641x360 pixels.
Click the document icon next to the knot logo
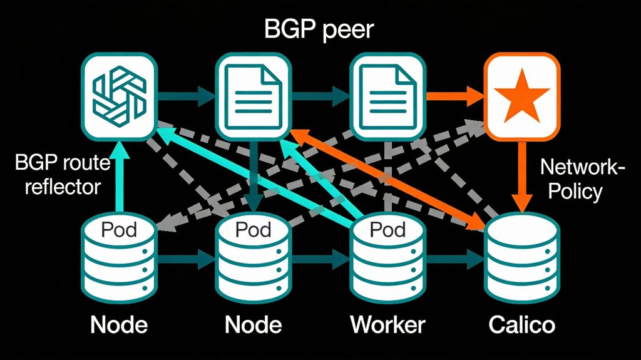click(x=253, y=97)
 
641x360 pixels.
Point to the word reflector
click(x=63, y=187)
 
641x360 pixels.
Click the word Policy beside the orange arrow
click(x=574, y=190)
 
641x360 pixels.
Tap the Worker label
click(x=387, y=325)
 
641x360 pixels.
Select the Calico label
click(x=521, y=325)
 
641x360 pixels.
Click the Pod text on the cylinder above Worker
click(x=387, y=229)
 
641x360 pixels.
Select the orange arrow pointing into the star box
click(x=454, y=97)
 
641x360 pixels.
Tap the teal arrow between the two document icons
click(x=320, y=97)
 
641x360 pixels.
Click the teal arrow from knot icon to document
click(x=186, y=97)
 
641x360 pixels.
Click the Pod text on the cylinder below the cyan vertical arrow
click(x=119, y=229)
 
